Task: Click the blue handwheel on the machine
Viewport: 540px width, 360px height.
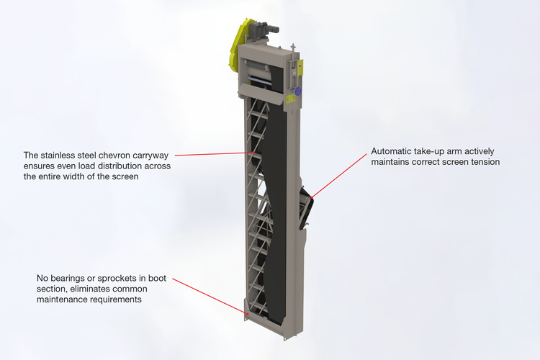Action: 298,91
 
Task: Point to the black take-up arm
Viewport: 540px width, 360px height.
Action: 307,208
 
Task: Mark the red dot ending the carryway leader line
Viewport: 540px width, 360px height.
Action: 254,152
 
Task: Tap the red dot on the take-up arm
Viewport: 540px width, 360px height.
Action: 311,197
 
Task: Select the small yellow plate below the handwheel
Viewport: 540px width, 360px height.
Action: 290,99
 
